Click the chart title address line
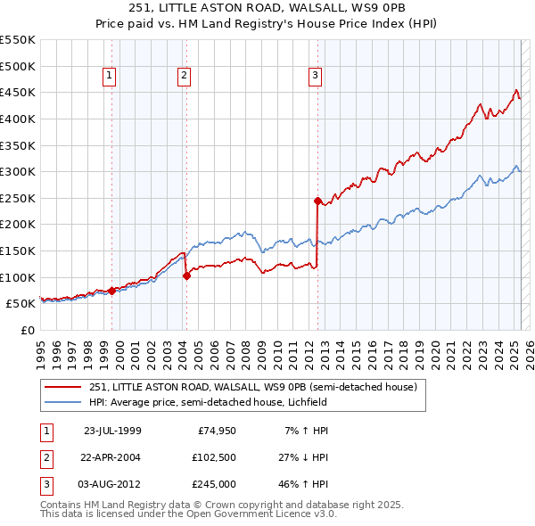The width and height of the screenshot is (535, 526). [x=267, y=8]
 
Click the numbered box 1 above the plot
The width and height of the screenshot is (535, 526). [x=109, y=77]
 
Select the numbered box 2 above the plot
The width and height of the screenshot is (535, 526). [x=184, y=77]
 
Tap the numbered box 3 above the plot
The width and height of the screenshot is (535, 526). [x=316, y=77]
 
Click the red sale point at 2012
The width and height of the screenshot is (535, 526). [x=317, y=201]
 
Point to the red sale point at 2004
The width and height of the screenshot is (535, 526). [x=186, y=275]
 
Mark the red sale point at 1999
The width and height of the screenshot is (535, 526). [x=111, y=290]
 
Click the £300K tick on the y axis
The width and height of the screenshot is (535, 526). [x=18, y=171]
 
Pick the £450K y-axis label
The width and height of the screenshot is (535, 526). [x=18, y=92]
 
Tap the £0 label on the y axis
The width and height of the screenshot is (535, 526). [x=27, y=330]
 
